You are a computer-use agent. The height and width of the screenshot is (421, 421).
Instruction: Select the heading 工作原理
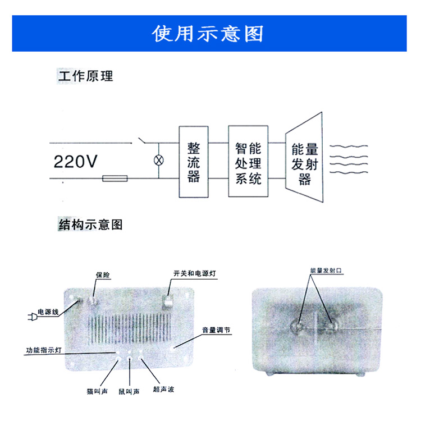(x=85, y=76)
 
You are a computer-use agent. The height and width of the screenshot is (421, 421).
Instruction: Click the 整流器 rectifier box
(x=194, y=162)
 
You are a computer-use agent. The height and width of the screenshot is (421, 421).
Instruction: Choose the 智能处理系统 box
(x=248, y=162)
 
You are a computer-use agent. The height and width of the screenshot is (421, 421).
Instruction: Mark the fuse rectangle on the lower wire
(x=115, y=179)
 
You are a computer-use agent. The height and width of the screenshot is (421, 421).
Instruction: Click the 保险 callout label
(x=103, y=274)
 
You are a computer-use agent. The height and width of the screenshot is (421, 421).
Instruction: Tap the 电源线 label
(x=48, y=312)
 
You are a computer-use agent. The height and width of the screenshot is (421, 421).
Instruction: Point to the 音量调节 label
(x=216, y=330)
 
